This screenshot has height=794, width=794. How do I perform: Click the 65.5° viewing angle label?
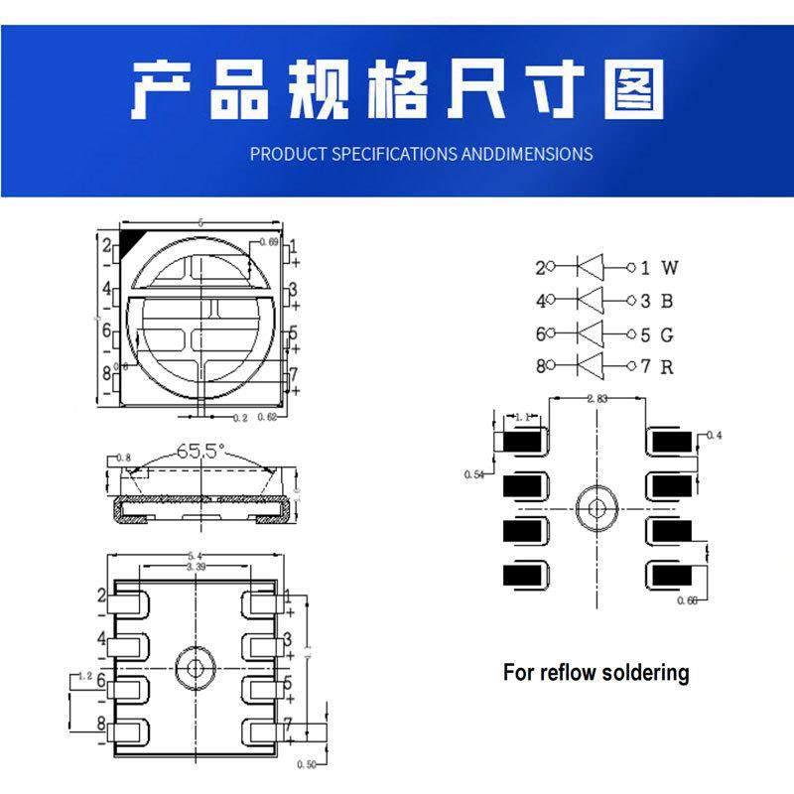pyautogui.click(x=200, y=450)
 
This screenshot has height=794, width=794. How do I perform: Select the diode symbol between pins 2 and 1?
pyautogui.click(x=591, y=267)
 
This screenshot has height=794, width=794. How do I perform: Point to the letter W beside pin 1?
pyautogui.click(x=670, y=267)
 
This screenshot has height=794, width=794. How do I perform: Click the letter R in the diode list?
pyautogui.click(x=668, y=366)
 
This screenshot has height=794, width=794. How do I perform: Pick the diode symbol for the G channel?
pyautogui.click(x=591, y=333)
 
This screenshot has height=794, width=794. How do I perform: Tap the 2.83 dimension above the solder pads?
pyautogui.click(x=597, y=398)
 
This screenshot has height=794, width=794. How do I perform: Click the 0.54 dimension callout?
pyautogui.click(x=474, y=474)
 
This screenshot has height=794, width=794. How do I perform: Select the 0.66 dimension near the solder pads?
pyautogui.click(x=686, y=600)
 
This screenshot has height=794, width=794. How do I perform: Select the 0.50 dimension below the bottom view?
pyautogui.click(x=309, y=765)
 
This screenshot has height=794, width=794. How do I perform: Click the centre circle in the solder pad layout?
pyautogui.click(x=596, y=505)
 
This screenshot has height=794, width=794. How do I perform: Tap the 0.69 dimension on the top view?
pyautogui.click(x=268, y=242)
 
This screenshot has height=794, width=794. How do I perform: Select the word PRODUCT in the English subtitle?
pyautogui.click(x=287, y=154)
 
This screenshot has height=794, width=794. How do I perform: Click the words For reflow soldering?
pyautogui.click(x=595, y=672)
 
